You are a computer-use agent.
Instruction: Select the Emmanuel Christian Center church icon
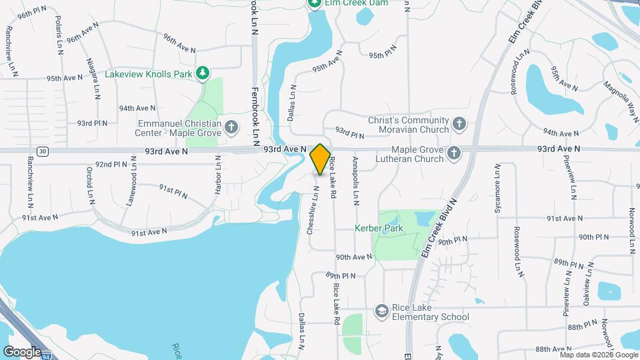(x=231, y=126)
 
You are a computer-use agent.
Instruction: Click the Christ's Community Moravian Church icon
(x=458, y=123)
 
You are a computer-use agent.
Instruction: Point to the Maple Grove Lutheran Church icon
(x=453, y=154)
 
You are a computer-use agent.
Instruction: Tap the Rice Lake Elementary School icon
(x=381, y=311)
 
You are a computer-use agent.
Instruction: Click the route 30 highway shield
(x=43, y=151)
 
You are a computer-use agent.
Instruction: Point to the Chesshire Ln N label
(x=311, y=209)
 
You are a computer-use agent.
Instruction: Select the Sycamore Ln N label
(x=497, y=190)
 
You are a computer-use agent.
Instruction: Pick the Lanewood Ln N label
(x=133, y=188)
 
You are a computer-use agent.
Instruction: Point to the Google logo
(x=21, y=351)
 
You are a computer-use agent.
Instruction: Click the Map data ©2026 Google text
(x=599, y=355)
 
